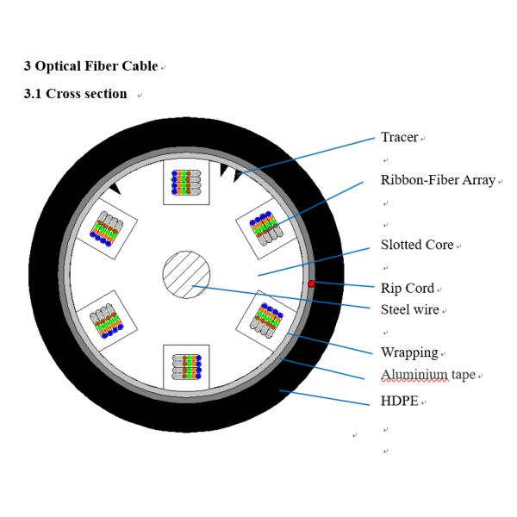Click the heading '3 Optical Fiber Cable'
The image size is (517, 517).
click(90, 66)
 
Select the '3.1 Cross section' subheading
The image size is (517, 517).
click(75, 93)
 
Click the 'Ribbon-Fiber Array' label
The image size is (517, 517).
click(438, 180)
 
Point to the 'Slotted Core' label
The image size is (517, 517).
click(416, 245)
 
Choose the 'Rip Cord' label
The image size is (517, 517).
click(407, 288)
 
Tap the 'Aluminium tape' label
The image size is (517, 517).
click(427, 374)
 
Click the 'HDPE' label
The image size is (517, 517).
click(398, 401)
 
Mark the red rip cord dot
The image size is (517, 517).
click(311, 283)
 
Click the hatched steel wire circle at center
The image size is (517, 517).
click(186, 277)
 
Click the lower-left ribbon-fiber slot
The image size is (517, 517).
click(106, 322)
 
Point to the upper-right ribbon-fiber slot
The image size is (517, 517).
click(265, 227)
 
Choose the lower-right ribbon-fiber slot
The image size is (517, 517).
click(266, 320)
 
